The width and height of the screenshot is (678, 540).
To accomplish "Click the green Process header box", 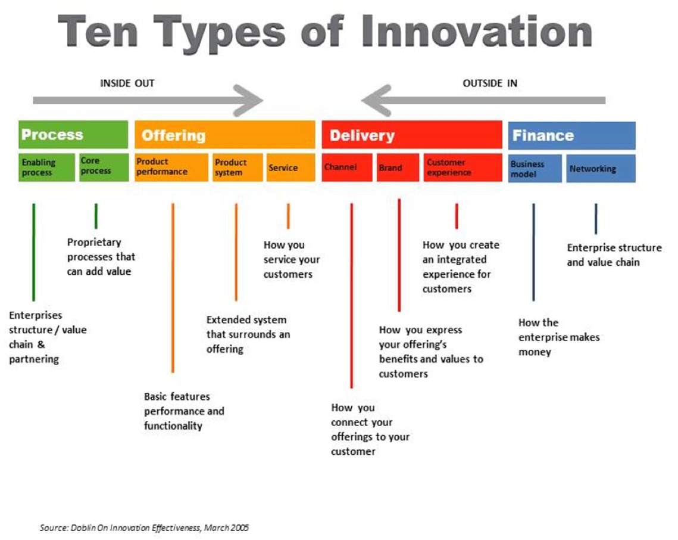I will point(73,135).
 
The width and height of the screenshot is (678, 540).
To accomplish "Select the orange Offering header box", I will point(225,135).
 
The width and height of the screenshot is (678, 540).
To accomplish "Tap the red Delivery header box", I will point(412,135).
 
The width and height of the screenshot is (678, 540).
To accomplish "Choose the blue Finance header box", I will point(571,135).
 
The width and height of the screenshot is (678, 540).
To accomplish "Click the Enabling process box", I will point(47,167).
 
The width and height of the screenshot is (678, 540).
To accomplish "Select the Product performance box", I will point(171,167).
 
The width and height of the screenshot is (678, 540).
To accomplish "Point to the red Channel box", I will point(347,167).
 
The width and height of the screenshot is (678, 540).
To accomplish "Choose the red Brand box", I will point(398,167).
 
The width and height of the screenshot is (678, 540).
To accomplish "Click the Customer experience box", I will point(464,167).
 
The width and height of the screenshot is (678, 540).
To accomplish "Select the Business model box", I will point(535,168).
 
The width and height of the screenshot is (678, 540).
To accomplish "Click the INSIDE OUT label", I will point(127,83).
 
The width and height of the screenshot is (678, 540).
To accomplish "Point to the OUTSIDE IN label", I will point(490,83).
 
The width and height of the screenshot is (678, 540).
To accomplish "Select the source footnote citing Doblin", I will point(144,527).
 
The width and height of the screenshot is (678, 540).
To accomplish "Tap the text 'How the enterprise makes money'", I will point(559,337).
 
